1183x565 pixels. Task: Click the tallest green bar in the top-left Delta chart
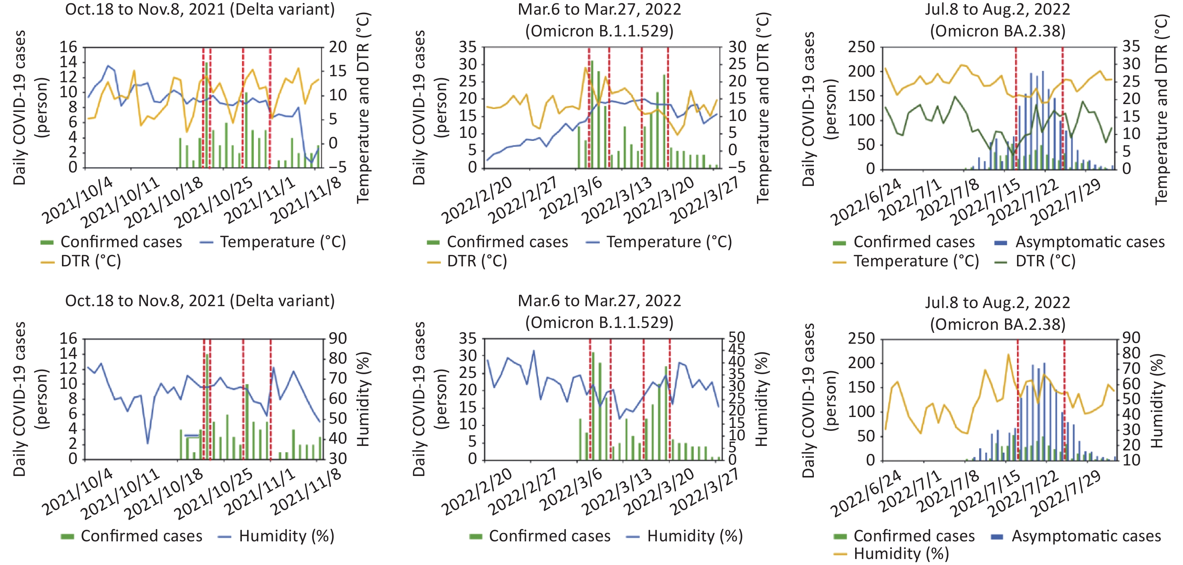207,115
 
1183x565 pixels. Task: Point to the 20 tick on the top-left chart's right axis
338,47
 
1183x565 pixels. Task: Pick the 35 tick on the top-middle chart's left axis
468,47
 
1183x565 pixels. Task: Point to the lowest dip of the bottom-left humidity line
148,443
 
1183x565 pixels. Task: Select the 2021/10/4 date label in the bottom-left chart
77,492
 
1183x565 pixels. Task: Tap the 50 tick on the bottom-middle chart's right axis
736,338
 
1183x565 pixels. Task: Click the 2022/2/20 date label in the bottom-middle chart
477,492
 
